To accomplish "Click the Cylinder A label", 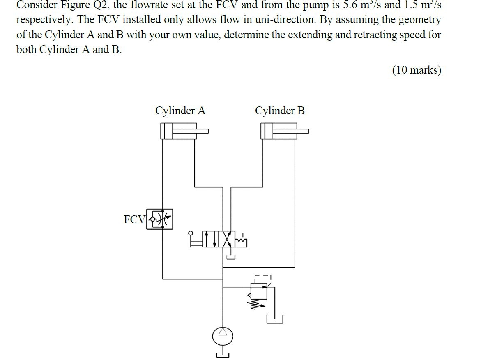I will click(x=180, y=111).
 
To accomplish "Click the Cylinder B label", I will click(x=280, y=111).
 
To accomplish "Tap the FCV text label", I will click(x=134, y=219).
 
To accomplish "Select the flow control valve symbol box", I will click(x=160, y=219).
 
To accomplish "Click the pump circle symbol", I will click(x=223, y=337).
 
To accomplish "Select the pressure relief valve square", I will click(x=259, y=291).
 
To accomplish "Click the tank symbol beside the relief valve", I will click(x=275, y=319).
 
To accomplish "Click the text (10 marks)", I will click(x=417, y=70).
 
